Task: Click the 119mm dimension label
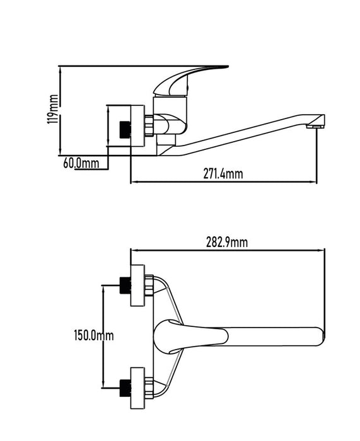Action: [53, 109]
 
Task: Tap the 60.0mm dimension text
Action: [81, 163]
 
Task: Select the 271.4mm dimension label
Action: [223, 173]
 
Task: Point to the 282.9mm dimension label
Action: [227, 242]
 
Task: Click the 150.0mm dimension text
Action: [94, 335]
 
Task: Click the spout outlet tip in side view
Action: [315, 127]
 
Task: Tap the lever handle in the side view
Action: [187, 79]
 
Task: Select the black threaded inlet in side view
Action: [125, 130]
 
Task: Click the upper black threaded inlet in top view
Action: [125, 285]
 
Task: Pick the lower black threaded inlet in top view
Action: [125, 388]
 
